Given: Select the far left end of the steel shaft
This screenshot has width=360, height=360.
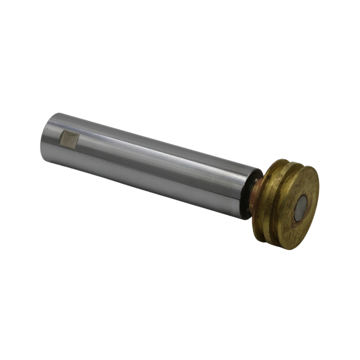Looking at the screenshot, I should click(43, 139).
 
